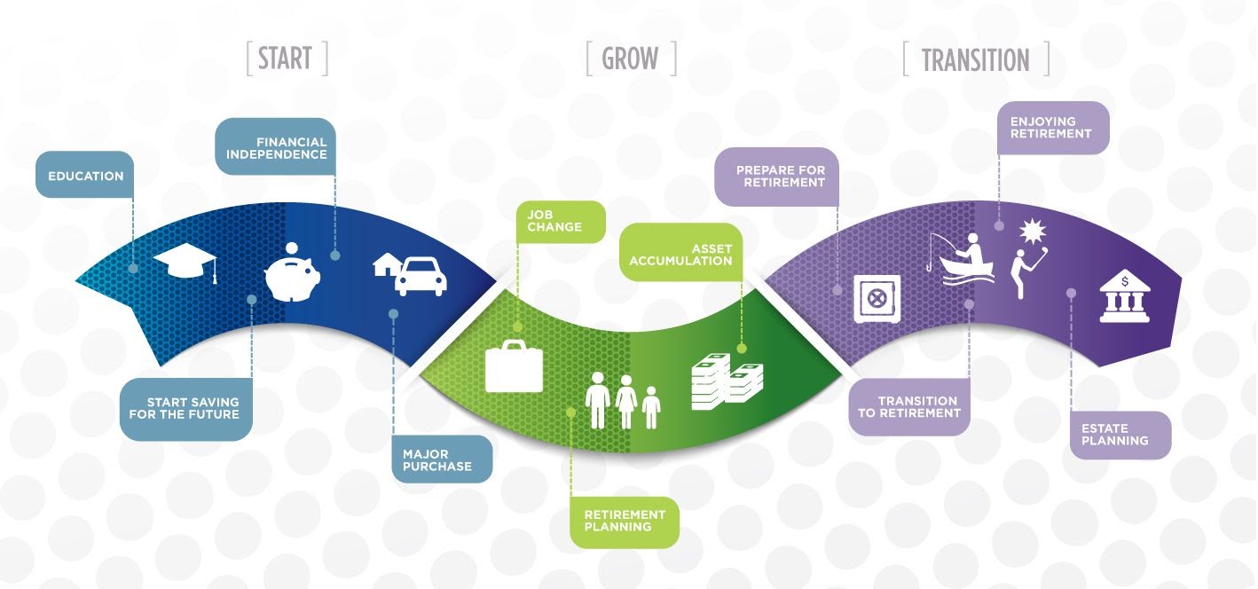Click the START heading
coord(285,59)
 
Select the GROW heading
coord(630,59)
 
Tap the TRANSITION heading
coord(976,60)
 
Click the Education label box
coord(85,175)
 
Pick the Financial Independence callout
coord(276,146)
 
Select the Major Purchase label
coord(442,459)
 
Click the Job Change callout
coord(561,222)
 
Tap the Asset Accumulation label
coord(681,252)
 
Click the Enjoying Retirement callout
coord(1053,128)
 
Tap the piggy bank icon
coord(292,272)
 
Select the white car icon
coord(421,276)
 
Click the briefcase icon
coord(514,366)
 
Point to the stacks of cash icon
coord(727,381)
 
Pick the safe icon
coord(877,299)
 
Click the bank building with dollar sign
coord(1125,296)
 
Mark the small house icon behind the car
coord(387,264)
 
